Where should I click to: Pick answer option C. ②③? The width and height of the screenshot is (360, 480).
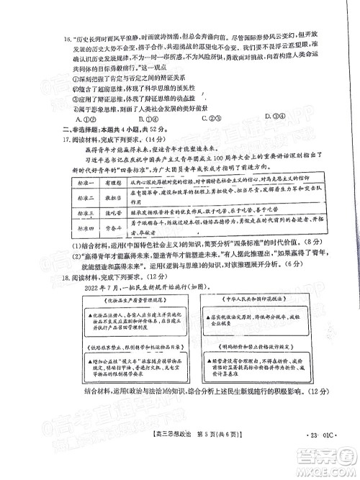(212, 119)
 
